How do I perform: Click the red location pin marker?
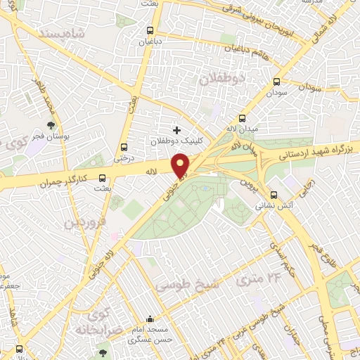pyautogui.click(x=181, y=166)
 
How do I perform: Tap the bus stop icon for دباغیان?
pyautogui.click(x=150, y=31)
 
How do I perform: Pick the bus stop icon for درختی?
pyautogui.click(x=124, y=148)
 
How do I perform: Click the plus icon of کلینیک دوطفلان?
pyautogui.click(x=177, y=130)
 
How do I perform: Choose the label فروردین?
pyautogui.click(x=84, y=224)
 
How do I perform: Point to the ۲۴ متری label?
pyautogui.click(x=254, y=277)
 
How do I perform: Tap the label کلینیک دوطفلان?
pyautogui.click(x=177, y=141)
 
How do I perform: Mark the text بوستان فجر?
pyautogui.click(x=50, y=135)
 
